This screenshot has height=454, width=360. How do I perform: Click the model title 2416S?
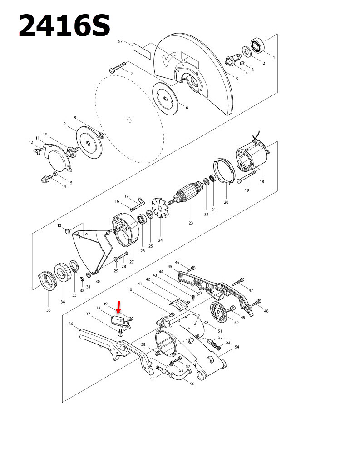click(64, 26)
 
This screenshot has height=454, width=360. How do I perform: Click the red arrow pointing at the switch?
click(119, 307)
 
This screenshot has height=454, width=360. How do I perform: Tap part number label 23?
click(191, 223)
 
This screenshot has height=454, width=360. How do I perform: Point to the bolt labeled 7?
click(118, 68)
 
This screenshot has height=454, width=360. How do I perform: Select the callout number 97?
click(121, 41)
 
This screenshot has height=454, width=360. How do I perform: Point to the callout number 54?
click(237, 347)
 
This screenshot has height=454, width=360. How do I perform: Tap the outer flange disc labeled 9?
click(89, 142)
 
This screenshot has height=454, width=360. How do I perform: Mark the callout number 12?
click(31, 142)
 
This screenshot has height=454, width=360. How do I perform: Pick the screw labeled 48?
click(258, 302)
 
